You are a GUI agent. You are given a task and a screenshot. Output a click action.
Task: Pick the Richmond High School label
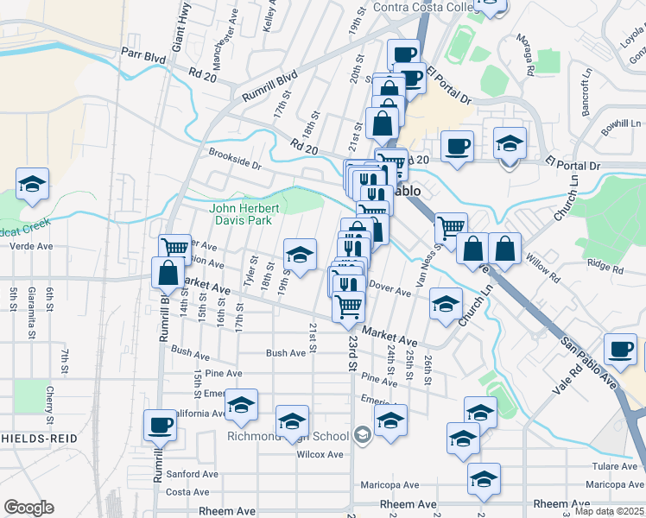point(288,435)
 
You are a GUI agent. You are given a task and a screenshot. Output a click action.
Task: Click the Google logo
point(28,508)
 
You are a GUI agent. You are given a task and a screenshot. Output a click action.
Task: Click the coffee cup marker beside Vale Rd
point(620,349)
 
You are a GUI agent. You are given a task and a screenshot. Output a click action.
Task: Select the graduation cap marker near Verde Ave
point(32,184)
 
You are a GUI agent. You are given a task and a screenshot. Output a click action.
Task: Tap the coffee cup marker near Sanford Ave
point(160,425)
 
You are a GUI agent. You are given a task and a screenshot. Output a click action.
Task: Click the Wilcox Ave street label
point(323,454)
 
